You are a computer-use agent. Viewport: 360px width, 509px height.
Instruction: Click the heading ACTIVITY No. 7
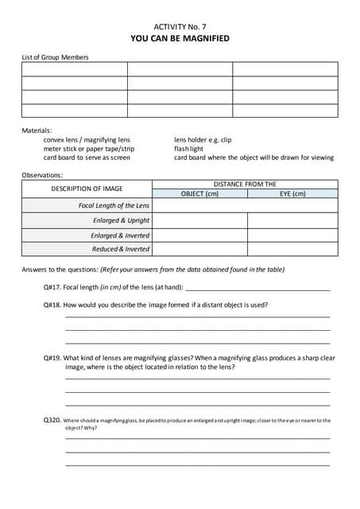coord(180,25)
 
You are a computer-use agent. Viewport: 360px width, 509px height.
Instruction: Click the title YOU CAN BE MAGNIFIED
coord(180,37)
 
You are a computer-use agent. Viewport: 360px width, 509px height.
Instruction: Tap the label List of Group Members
coord(55,56)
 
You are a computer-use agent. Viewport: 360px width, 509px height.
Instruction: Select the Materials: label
coord(37,130)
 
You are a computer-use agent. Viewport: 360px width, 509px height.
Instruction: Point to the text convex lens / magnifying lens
coord(87,139)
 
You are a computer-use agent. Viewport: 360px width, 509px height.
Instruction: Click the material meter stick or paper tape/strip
coord(89,148)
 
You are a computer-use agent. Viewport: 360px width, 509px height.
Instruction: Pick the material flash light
coord(189,148)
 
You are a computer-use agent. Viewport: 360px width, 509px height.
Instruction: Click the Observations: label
coord(42,175)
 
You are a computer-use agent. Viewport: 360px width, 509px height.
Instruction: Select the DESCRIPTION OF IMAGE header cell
coord(87,188)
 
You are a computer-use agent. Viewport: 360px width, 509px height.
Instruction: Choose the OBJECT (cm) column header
coord(199,193)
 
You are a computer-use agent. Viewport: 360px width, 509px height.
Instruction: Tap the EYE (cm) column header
coord(292,193)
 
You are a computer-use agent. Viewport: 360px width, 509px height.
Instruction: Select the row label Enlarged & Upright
coord(121,220)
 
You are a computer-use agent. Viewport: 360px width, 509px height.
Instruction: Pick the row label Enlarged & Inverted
coord(120,235)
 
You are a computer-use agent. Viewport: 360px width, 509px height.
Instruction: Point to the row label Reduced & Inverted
coord(121,249)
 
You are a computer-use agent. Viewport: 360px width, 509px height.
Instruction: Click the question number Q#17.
coord(52,286)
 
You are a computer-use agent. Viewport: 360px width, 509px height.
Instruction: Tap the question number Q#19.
coord(52,358)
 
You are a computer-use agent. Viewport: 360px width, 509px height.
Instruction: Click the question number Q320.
coord(52,420)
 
